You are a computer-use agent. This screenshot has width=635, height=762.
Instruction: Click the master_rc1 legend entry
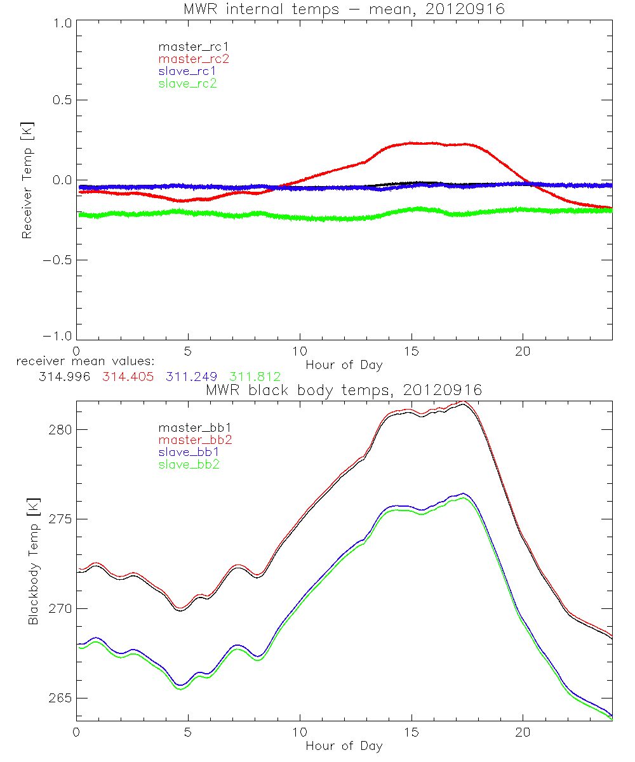tap(188, 46)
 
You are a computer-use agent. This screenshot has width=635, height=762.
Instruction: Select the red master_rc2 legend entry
tap(194, 58)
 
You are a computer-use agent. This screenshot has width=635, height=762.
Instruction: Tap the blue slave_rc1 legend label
tap(187, 70)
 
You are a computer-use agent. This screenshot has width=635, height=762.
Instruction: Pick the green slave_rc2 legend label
tap(187, 83)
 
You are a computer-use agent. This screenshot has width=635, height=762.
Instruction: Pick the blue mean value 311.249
tap(188, 377)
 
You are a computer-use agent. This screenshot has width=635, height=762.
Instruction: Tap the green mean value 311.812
tap(251, 377)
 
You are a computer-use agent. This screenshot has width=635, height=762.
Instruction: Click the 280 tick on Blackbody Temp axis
tap(58, 430)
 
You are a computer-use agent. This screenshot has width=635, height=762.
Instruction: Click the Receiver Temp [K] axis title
tap(27, 180)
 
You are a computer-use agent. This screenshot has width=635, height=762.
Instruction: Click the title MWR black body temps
tap(344, 390)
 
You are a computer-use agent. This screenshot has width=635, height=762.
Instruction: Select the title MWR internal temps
tap(344, 9)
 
